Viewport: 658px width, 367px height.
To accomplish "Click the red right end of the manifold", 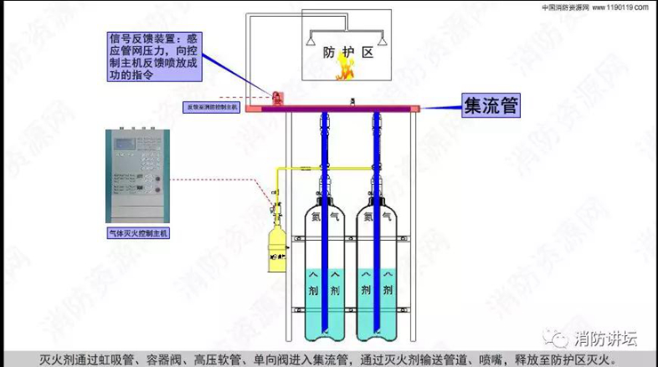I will (414, 108).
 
